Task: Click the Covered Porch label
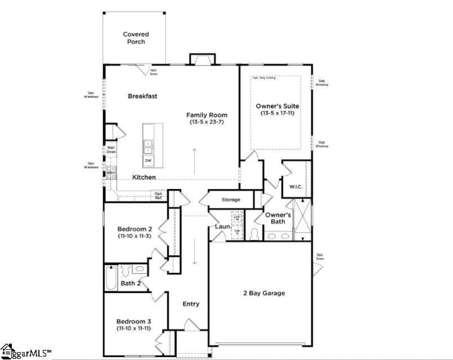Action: (x=136, y=38)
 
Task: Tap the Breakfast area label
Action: (x=142, y=96)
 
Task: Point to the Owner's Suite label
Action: (x=277, y=106)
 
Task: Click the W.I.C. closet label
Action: (x=294, y=186)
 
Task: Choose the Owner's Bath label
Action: (x=279, y=218)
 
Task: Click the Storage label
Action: (x=230, y=200)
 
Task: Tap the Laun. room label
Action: (x=221, y=227)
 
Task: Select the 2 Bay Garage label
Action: (x=260, y=293)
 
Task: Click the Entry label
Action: (x=191, y=304)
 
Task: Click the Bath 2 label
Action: (x=130, y=283)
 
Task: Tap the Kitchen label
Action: (x=144, y=177)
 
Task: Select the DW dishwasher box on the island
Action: (x=148, y=161)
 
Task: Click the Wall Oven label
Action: (x=110, y=150)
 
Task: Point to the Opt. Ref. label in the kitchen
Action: (x=159, y=195)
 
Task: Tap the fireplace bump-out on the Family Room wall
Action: (x=202, y=59)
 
